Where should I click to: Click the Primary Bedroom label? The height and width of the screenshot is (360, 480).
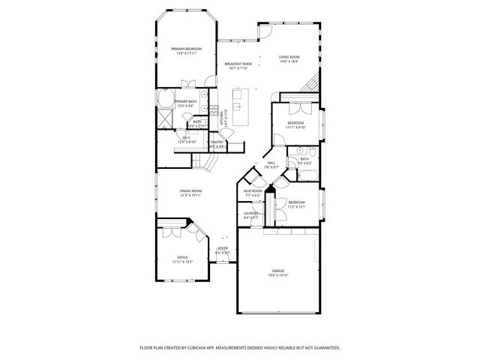click(186, 49)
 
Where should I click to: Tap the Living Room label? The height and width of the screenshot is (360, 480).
click(289, 57)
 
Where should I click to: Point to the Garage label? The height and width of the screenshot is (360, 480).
click(277, 271)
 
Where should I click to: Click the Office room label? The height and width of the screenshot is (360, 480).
click(182, 257)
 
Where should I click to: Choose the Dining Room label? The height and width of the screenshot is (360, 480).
click(191, 191)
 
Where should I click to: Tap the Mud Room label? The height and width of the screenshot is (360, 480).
click(252, 191)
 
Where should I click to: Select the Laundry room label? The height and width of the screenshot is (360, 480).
click(250, 214)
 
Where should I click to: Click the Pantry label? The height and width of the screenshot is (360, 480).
click(217, 142)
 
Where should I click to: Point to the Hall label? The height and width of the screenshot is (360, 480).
click(271, 163)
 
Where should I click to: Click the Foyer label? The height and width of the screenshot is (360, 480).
click(223, 248)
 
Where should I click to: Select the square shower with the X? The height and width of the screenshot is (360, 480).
click(164, 118)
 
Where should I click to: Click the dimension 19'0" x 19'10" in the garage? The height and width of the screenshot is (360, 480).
click(277, 276)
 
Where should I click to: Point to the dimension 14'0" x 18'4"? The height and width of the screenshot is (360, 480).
click(289, 62)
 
